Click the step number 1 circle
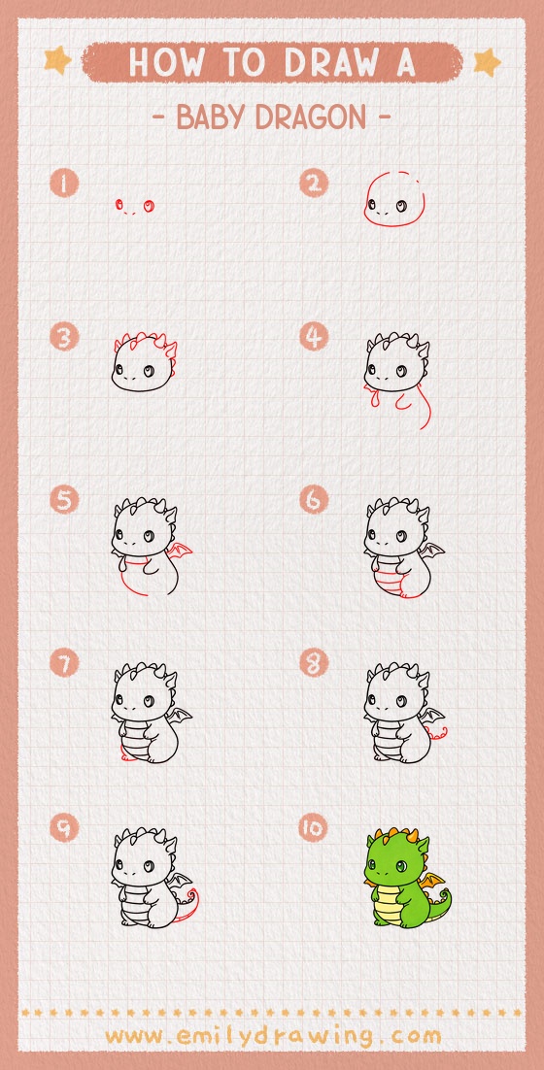pyautogui.click(x=65, y=183)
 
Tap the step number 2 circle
pyautogui.click(x=314, y=183)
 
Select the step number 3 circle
pyautogui.click(x=65, y=338)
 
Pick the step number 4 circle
pyautogui.click(x=314, y=338)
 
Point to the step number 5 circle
pyautogui.click(x=65, y=500)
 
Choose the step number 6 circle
pyautogui.click(x=314, y=500)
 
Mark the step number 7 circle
pyautogui.click(x=65, y=664)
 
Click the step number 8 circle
pyautogui.click(x=314, y=664)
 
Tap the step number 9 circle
pyautogui.click(x=65, y=827)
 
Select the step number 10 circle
pyautogui.click(x=314, y=827)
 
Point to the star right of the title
pyautogui.click(x=486, y=62)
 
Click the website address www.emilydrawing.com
pyautogui.click(x=272, y=1035)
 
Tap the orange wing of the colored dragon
pyautogui.click(x=431, y=883)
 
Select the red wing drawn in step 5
pyautogui.click(x=180, y=554)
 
